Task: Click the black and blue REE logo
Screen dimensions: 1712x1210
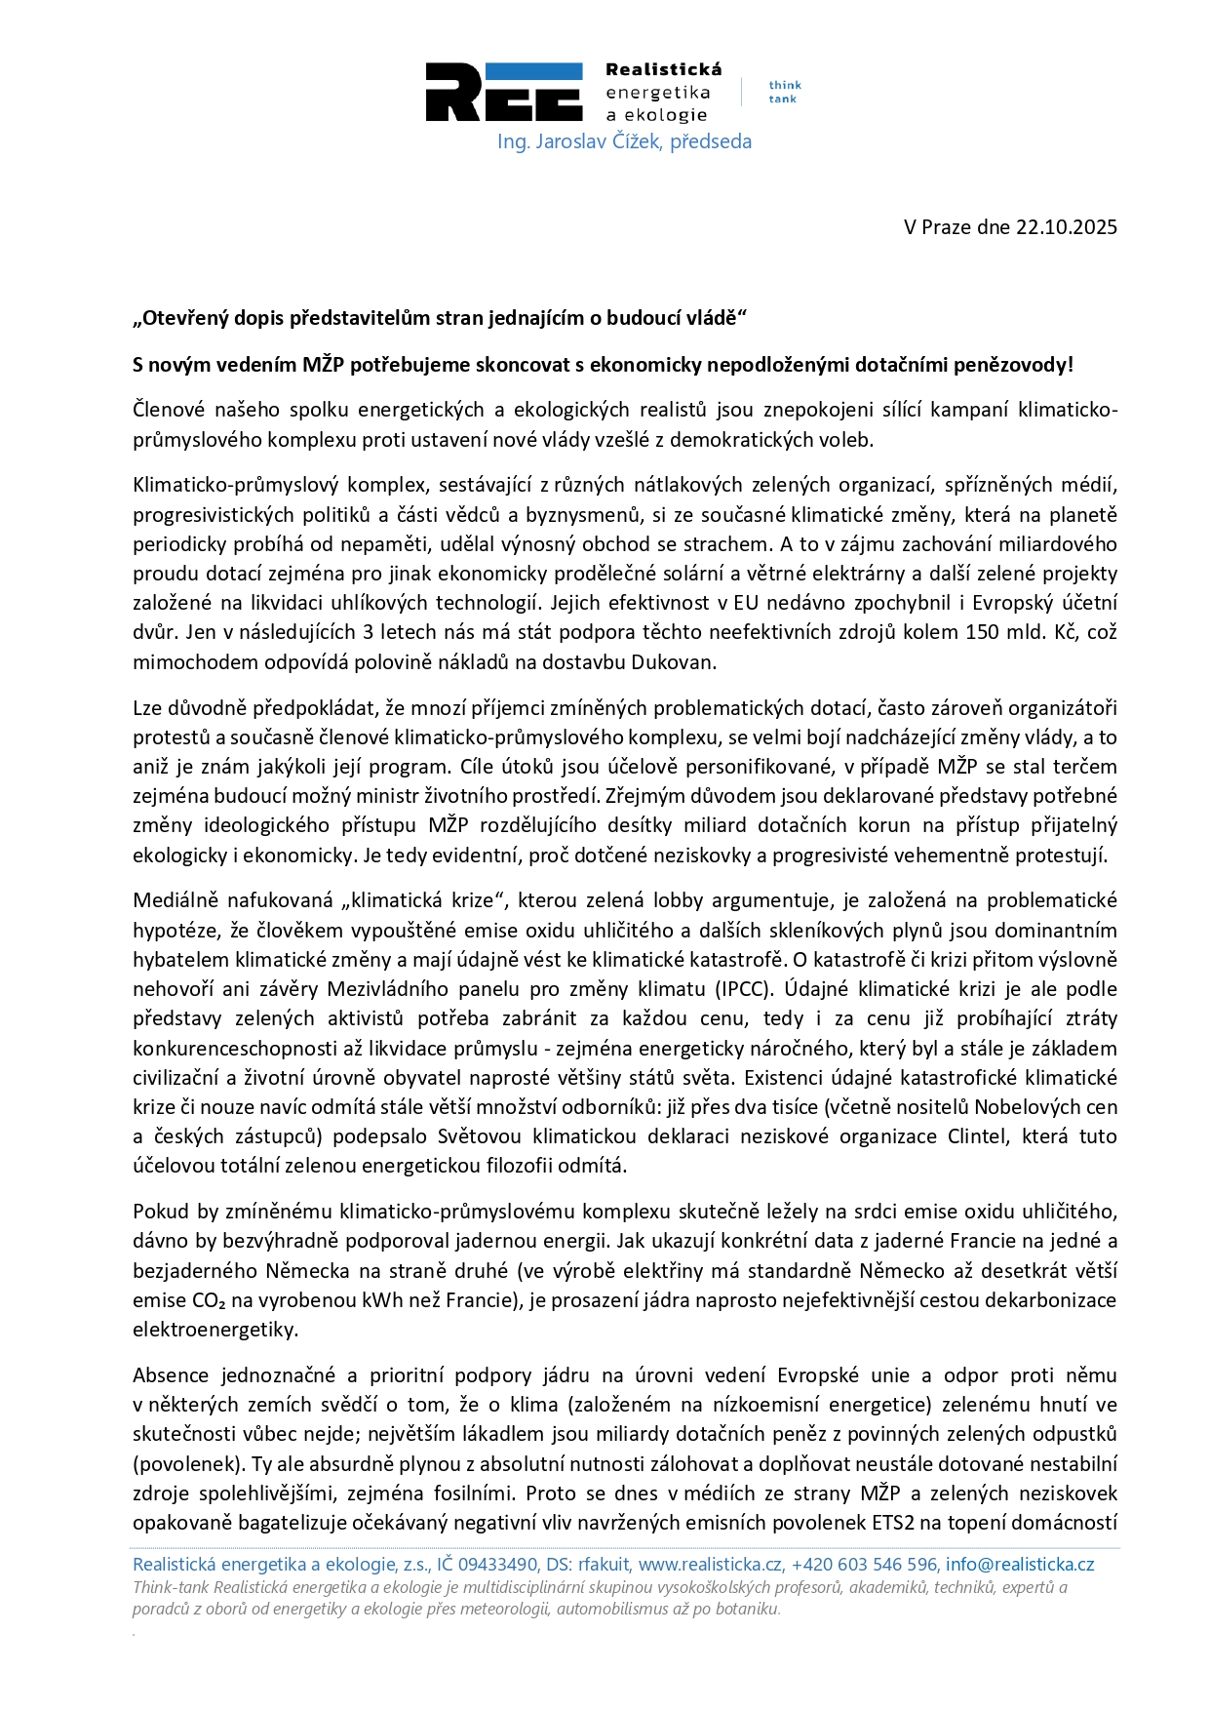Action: [503, 92]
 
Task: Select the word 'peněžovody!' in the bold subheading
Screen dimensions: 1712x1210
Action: [1015, 365]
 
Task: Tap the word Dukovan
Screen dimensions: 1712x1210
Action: [674, 662]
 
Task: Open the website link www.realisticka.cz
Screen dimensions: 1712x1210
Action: [711, 1565]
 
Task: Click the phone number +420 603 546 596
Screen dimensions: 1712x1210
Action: [864, 1565]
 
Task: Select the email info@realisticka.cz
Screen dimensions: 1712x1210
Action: [1020, 1565]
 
